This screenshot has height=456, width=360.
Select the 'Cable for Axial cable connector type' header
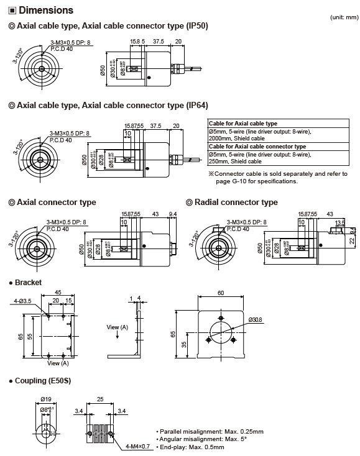pyautogui.click(x=256, y=146)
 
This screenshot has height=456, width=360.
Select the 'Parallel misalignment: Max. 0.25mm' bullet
pyautogui.click(x=204, y=431)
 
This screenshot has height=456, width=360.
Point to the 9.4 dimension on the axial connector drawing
pyautogui.click(x=172, y=214)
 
